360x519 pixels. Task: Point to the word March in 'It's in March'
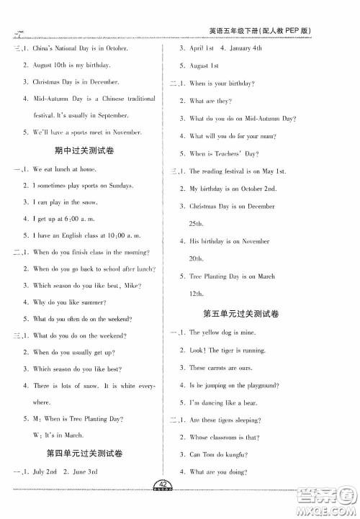[x=73, y=435]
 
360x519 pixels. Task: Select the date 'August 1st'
[x=204, y=66]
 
